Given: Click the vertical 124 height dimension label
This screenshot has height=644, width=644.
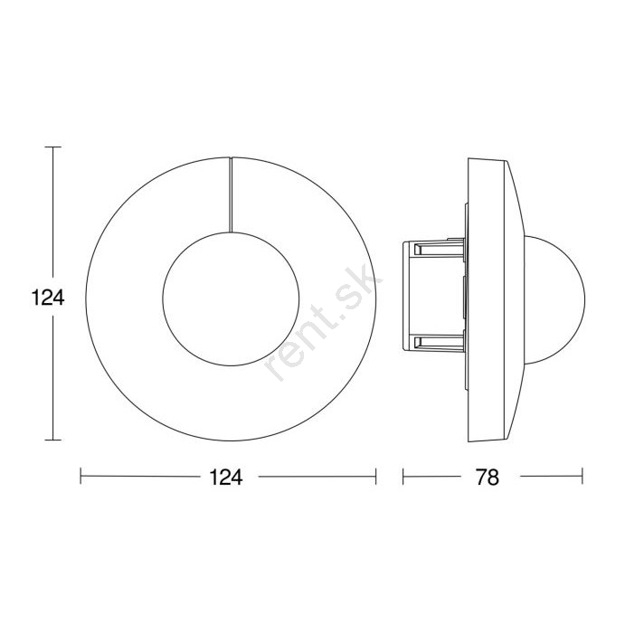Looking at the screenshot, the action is (48, 298).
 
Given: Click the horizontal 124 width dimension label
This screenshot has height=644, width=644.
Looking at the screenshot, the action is (226, 478).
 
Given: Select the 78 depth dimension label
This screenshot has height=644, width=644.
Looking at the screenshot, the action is (488, 478).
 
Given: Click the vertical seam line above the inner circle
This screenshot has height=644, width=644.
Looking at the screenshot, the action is (231, 194).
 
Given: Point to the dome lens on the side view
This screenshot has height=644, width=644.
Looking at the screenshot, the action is (585, 299).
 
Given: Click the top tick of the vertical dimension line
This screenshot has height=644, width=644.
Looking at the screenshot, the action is (53, 147).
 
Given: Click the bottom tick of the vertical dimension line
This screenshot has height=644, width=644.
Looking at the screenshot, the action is (53, 440).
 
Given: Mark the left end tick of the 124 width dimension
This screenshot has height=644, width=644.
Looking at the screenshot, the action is (80, 477).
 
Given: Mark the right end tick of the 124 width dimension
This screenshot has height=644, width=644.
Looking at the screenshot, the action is (375, 477).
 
